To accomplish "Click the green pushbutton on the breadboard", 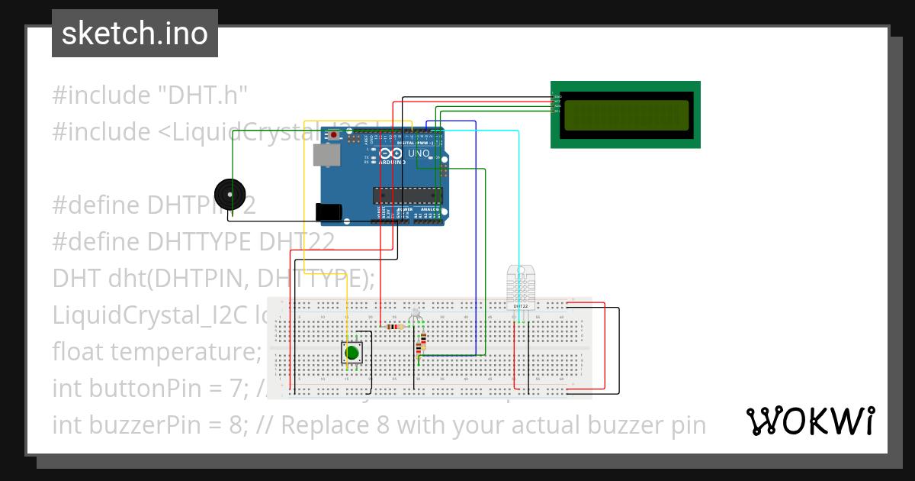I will [352, 352].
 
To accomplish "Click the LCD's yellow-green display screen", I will [625, 115].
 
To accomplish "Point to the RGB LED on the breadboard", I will [416, 314].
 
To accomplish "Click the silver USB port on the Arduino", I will [326, 155].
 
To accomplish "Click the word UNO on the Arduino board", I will [419, 153].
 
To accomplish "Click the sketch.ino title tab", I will [135, 34].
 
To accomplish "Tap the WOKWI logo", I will [810, 421].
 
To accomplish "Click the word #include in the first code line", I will [101, 95].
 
